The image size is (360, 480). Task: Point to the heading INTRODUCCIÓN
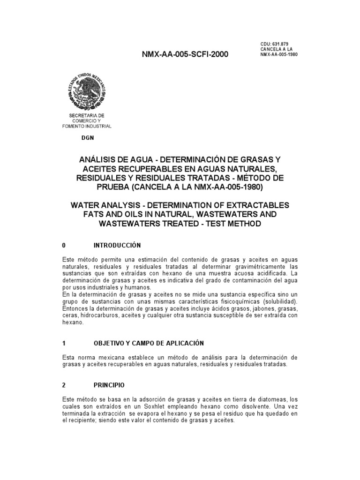point(117,245)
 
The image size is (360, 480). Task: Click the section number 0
point(64,245)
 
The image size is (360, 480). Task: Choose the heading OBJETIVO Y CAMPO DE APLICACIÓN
point(149,343)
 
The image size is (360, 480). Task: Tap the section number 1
point(64,343)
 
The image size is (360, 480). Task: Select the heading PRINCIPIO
point(109,385)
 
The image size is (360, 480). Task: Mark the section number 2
point(64,385)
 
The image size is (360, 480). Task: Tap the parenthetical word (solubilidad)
point(277,301)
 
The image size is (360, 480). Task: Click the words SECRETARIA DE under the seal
point(87,115)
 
